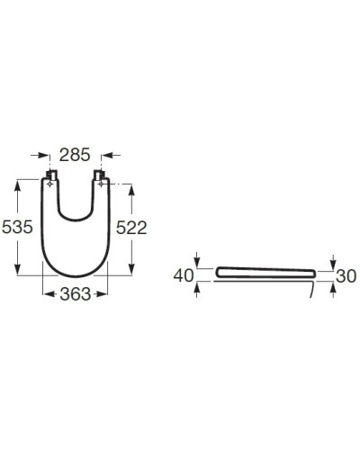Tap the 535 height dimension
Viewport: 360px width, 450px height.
pos(18,227)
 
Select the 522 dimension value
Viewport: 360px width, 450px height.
pos(130,228)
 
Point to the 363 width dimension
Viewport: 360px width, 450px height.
pos(76,294)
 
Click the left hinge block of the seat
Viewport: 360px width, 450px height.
pos(51,175)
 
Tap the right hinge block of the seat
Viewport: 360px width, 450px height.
pos(102,175)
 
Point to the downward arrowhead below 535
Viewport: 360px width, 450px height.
pos(18,274)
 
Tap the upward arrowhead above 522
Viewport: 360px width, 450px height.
pos(131,189)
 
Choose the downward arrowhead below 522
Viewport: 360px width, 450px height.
pos(131,272)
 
